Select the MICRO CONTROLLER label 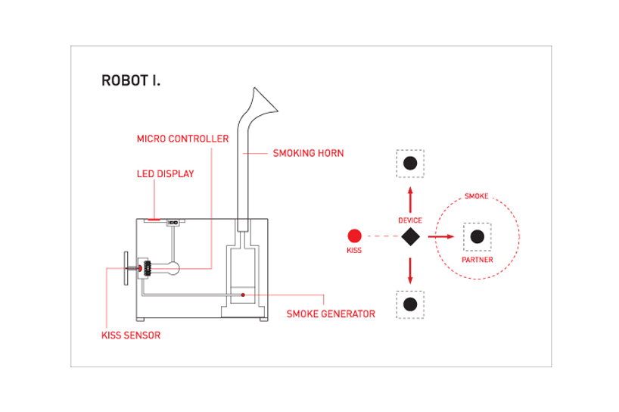point(182,139)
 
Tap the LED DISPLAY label point(165,174)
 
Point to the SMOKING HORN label point(308,153)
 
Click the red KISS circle point(354,236)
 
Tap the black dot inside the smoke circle point(477,236)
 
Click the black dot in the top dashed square point(410,164)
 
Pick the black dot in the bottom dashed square point(410,304)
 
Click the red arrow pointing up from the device point(410,199)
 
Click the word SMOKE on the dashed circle point(476,197)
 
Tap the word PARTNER point(477,260)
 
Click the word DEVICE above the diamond point(410,220)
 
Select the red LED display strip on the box point(154,219)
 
